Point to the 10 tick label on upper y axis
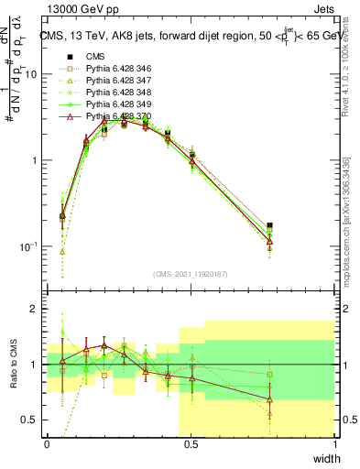pyautogui.click(x=29, y=75)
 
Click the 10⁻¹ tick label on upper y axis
pyautogui.click(x=27, y=246)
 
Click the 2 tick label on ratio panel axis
pyautogui.click(x=34, y=310)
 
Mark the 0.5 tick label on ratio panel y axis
pyautogui.click(x=29, y=420)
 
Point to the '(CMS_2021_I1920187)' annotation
pyautogui.click(x=191, y=274)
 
